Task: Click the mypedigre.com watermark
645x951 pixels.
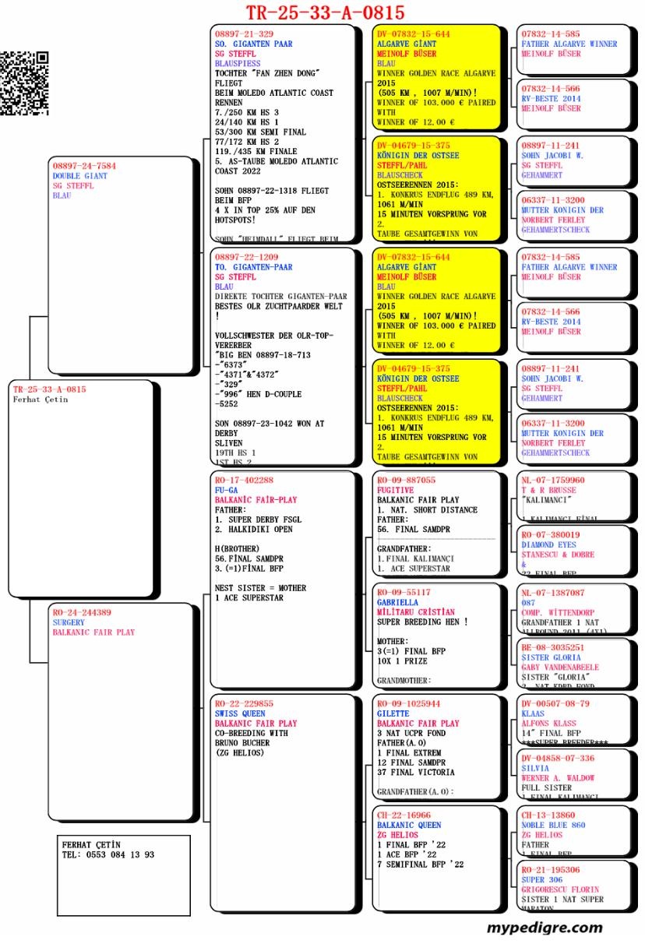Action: [x=545, y=928]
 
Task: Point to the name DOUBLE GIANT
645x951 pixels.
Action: [x=80, y=177]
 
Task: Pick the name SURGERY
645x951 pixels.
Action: [x=69, y=623]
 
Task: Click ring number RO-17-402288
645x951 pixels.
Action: [x=244, y=481]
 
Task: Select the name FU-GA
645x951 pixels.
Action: [x=226, y=491]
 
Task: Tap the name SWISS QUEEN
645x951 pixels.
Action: [x=240, y=713]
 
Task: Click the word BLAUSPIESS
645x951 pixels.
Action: [x=238, y=63]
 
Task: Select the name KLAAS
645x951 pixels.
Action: [x=533, y=713]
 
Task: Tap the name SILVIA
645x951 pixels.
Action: [x=535, y=768]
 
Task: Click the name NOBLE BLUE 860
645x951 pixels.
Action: [x=553, y=825]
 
